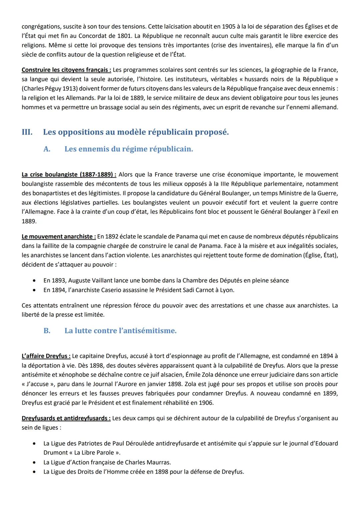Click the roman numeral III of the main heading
click(27, 132)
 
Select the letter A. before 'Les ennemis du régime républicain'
click(47, 149)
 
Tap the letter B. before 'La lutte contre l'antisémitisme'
click(47, 331)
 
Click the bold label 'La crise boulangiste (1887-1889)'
click(69, 174)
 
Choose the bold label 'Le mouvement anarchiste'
click(59, 236)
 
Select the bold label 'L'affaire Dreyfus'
click(46, 356)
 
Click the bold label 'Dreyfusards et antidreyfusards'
click(66, 418)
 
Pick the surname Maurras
click(159, 462)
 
